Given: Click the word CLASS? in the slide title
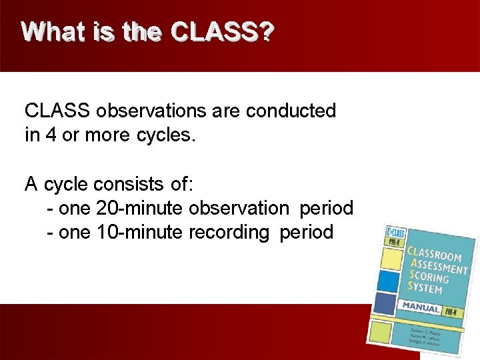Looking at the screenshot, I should pos(223,32).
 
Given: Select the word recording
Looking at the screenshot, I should pos(231,233).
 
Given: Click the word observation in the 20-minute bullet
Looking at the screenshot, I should pos(239,208).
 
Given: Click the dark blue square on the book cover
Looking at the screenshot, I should pos(385,303).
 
